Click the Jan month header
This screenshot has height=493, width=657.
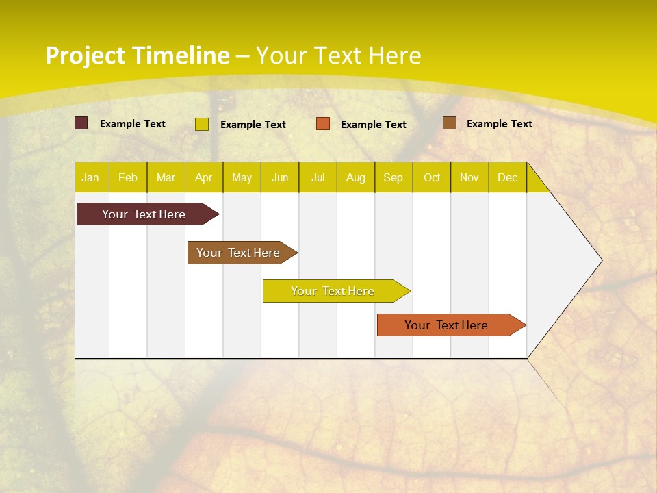click(x=91, y=177)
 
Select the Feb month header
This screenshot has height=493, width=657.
click(x=128, y=177)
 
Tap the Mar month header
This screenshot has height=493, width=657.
click(x=166, y=177)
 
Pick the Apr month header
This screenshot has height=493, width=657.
click(x=204, y=177)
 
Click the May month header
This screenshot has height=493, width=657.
click(x=242, y=177)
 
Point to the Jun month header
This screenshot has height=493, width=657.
click(x=280, y=177)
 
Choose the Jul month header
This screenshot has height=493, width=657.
click(x=318, y=177)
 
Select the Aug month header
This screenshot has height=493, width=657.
click(x=356, y=177)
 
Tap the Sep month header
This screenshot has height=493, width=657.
click(x=394, y=177)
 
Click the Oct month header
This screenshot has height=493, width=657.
click(x=432, y=177)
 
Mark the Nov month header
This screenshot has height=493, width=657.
click(x=469, y=177)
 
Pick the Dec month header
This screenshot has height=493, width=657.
click(x=508, y=177)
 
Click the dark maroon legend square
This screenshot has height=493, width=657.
click(x=81, y=123)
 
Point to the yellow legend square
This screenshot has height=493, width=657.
click(x=202, y=124)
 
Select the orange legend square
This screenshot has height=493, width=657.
click(x=323, y=124)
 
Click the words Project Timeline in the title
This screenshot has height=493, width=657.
click(x=138, y=55)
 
